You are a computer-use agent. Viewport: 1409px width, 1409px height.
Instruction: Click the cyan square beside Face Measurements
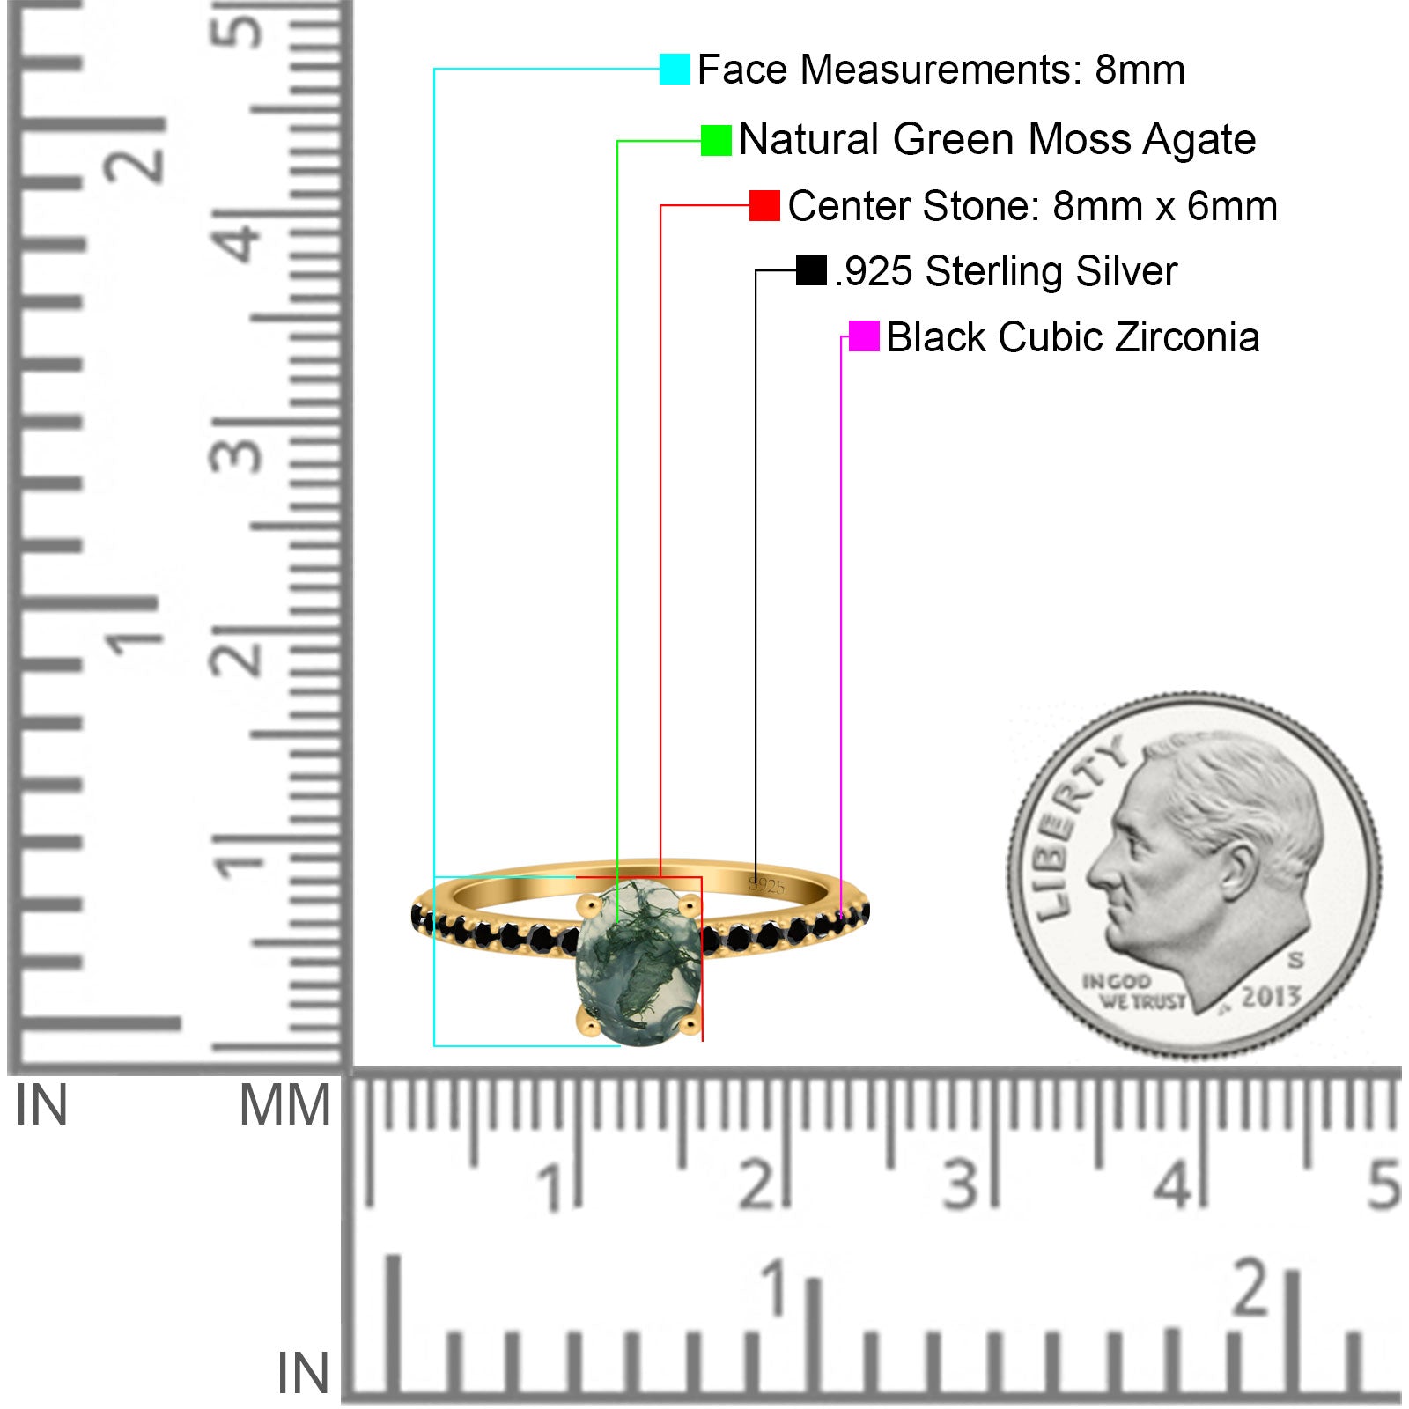coord(675,69)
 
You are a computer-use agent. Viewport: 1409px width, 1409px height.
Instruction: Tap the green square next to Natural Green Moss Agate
coord(716,140)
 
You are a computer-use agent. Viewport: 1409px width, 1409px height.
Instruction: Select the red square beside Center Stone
coord(764,206)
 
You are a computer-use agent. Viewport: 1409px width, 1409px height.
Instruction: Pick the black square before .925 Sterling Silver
coord(811,270)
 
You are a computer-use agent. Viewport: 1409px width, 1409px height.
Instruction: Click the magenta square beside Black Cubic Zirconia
coord(864,336)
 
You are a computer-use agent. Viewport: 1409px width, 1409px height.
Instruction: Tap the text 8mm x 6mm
coord(1165,206)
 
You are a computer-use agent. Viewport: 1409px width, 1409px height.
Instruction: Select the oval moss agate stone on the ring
coord(638,965)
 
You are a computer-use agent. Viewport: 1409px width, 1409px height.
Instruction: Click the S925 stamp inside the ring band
coord(766,885)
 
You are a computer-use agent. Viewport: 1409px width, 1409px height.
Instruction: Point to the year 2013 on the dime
coord(1271,996)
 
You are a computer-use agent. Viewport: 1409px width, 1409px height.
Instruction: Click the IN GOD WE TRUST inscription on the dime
coord(1134,992)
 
